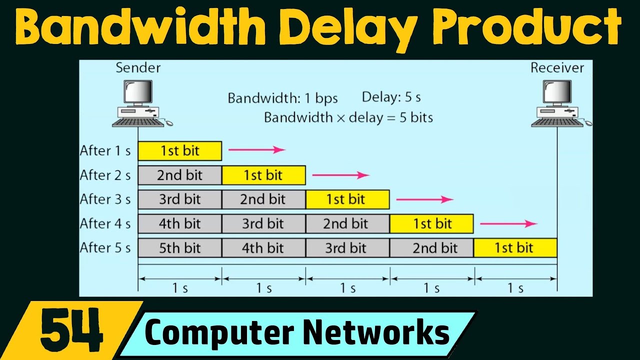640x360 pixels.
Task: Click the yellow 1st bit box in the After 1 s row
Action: [x=180, y=150]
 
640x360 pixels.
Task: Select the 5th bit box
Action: [x=180, y=247]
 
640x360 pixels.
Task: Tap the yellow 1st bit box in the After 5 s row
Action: [x=515, y=247]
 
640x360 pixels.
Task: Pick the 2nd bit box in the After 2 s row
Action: [x=180, y=175]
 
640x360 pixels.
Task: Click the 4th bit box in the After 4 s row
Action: [x=180, y=223]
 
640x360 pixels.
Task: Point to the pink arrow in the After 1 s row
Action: [x=257, y=149]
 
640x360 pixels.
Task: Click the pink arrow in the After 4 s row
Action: [x=508, y=223]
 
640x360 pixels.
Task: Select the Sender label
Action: [x=138, y=67]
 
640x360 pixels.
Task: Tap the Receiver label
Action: [x=557, y=67]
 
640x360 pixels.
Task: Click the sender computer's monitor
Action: [x=138, y=91]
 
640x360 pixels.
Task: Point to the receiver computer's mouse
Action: [x=588, y=123]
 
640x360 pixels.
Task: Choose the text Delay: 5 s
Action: [x=391, y=97]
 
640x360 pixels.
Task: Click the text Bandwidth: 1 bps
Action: [x=282, y=98]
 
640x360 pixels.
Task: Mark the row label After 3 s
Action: [x=105, y=199]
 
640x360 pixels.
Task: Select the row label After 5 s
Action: [x=105, y=247]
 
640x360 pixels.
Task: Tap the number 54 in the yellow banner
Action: [x=71, y=330]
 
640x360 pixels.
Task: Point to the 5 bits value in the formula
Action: [x=416, y=117]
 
